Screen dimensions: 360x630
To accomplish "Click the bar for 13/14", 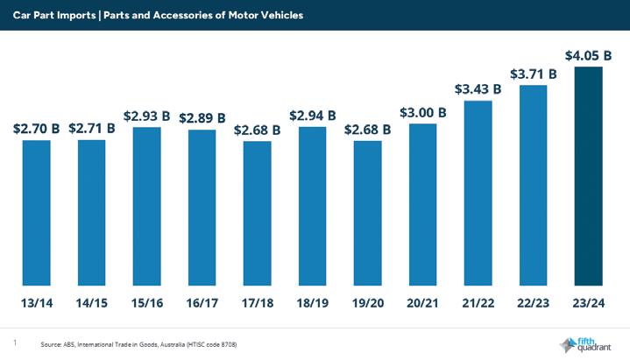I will (x=37, y=213).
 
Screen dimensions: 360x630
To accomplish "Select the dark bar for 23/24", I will (x=588, y=176).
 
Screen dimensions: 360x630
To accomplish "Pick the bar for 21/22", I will (x=478, y=193).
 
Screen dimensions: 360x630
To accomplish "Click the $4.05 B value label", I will (x=588, y=56).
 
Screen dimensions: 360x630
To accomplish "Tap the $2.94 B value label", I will (x=312, y=115).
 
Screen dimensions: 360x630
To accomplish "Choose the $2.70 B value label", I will (x=37, y=129).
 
